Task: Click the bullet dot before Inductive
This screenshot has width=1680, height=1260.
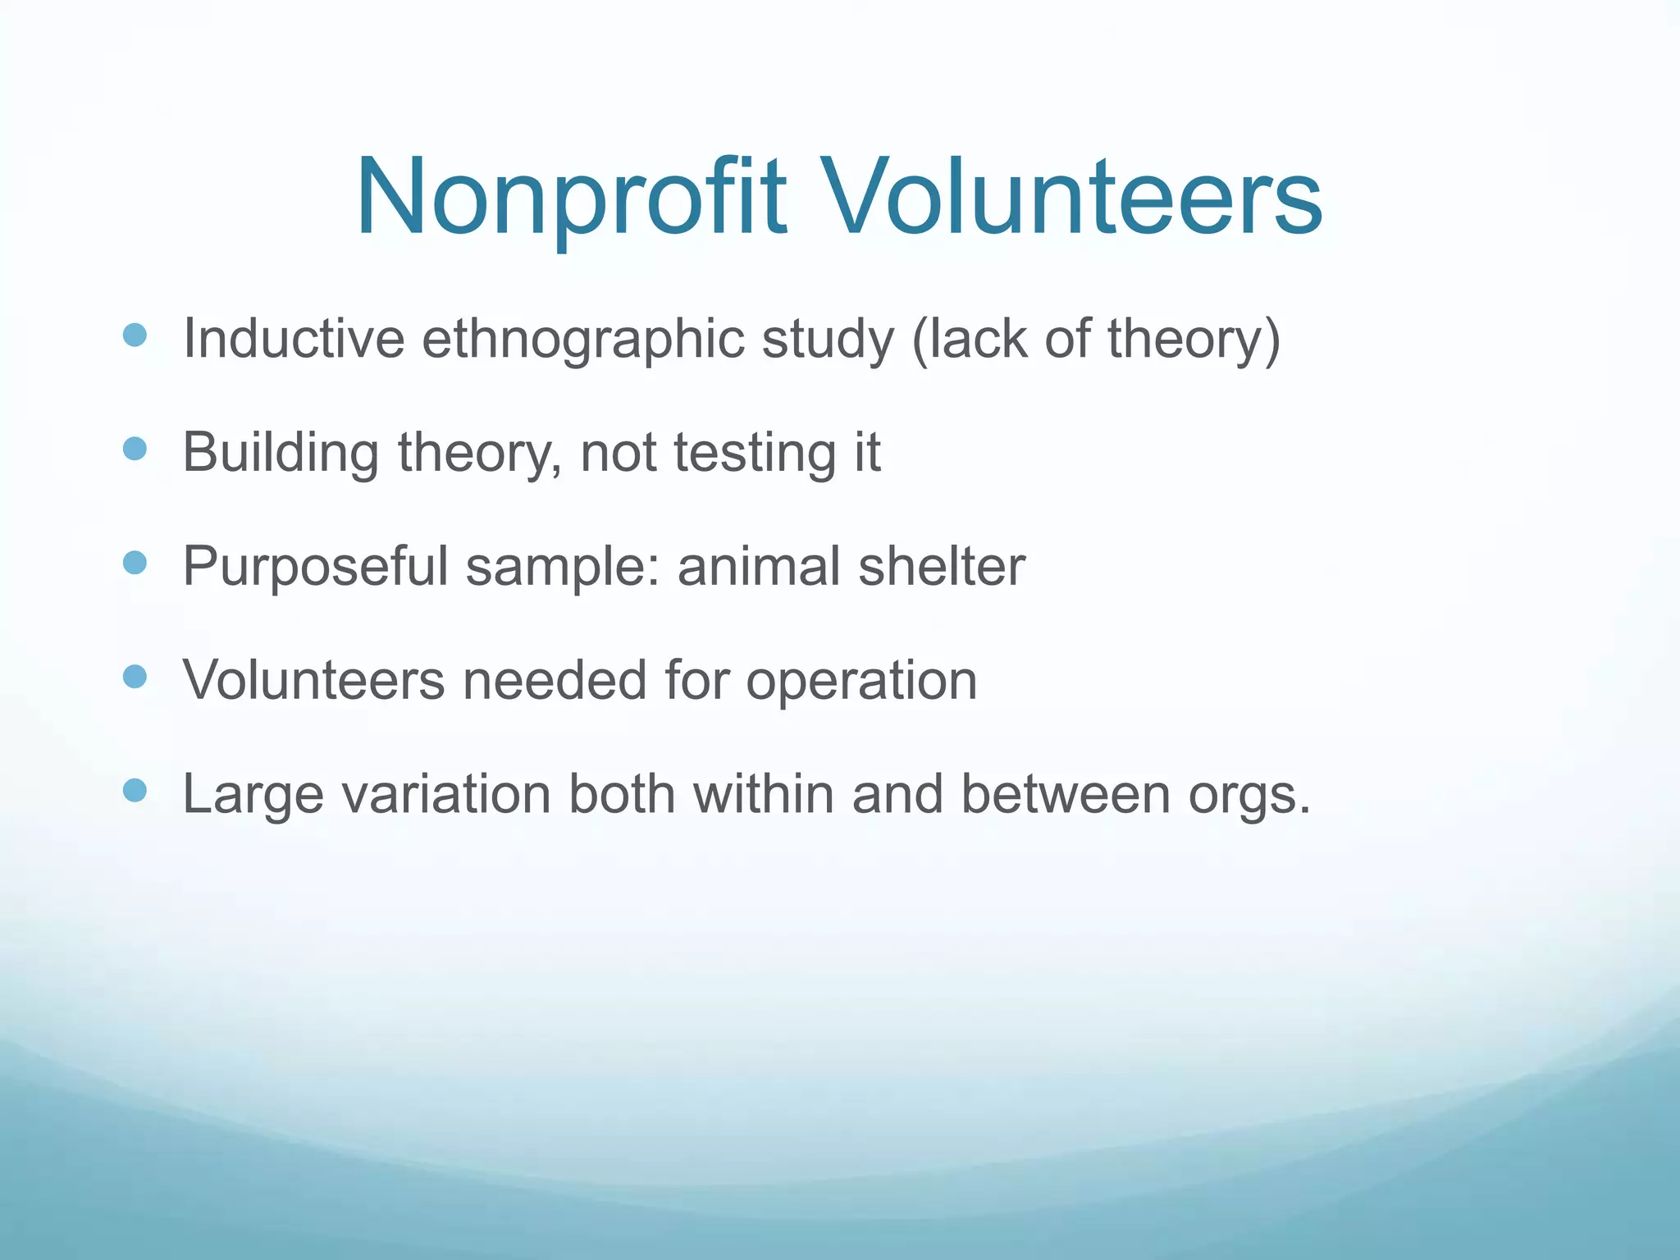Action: [x=135, y=335]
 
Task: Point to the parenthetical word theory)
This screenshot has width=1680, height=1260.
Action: [x=1194, y=338]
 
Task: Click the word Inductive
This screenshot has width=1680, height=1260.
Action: [x=294, y=338]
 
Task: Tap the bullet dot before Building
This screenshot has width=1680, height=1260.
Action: [x=135, y=449]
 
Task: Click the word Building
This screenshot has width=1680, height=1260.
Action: [x=281, y=453]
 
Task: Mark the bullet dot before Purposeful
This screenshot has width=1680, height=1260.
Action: [x=135, y=563]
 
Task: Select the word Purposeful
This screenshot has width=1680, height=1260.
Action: [x=315, y=567]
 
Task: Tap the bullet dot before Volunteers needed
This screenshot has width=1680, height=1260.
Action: [x=135, y=677]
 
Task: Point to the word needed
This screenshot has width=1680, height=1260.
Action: [x=555, y=680]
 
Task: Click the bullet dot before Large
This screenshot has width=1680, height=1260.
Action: [x=135, y=791]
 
